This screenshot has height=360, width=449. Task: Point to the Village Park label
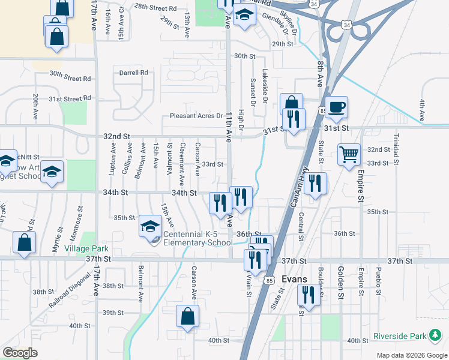pos(86,248)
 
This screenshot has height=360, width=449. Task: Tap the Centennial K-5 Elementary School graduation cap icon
pos(150,227)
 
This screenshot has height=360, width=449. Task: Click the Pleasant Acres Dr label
pos(196,116)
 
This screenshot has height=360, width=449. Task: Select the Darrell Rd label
pos(133,73)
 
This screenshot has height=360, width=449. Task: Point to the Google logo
pos(20,352)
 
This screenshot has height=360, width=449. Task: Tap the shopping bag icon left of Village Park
pos(24,242)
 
